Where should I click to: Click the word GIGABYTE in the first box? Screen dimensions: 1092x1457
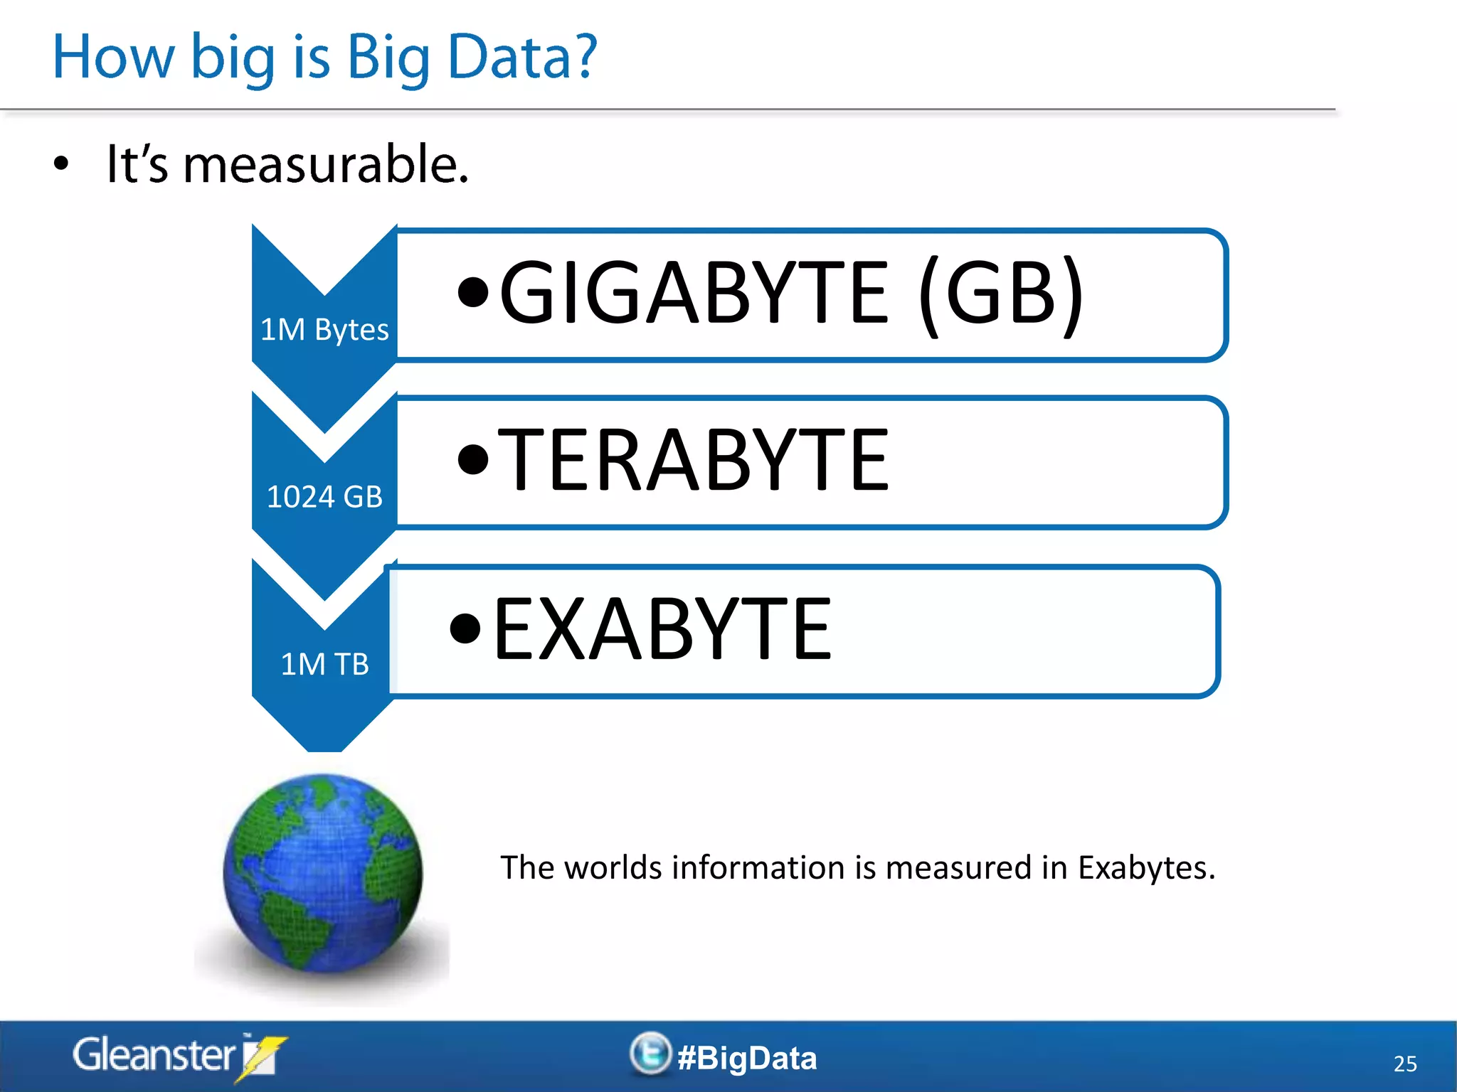[694, 292]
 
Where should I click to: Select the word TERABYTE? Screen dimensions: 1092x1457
[694, 460]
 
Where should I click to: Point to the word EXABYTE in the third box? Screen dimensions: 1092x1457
[662, 628]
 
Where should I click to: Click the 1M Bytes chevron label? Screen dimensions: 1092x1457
[324, 330]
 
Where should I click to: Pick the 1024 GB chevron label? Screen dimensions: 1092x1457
[324, 497]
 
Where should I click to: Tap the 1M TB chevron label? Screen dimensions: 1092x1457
[324, 665]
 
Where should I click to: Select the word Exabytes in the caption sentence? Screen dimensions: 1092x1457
[1145, 868]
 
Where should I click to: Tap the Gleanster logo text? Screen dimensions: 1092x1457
[154, 1055]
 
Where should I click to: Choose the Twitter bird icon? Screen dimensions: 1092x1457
[650, 1054]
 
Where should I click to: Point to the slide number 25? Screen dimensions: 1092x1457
[1405, 1064]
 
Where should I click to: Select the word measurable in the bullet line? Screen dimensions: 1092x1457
[326, 164]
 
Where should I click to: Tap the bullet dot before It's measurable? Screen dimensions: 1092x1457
[61, 164]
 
